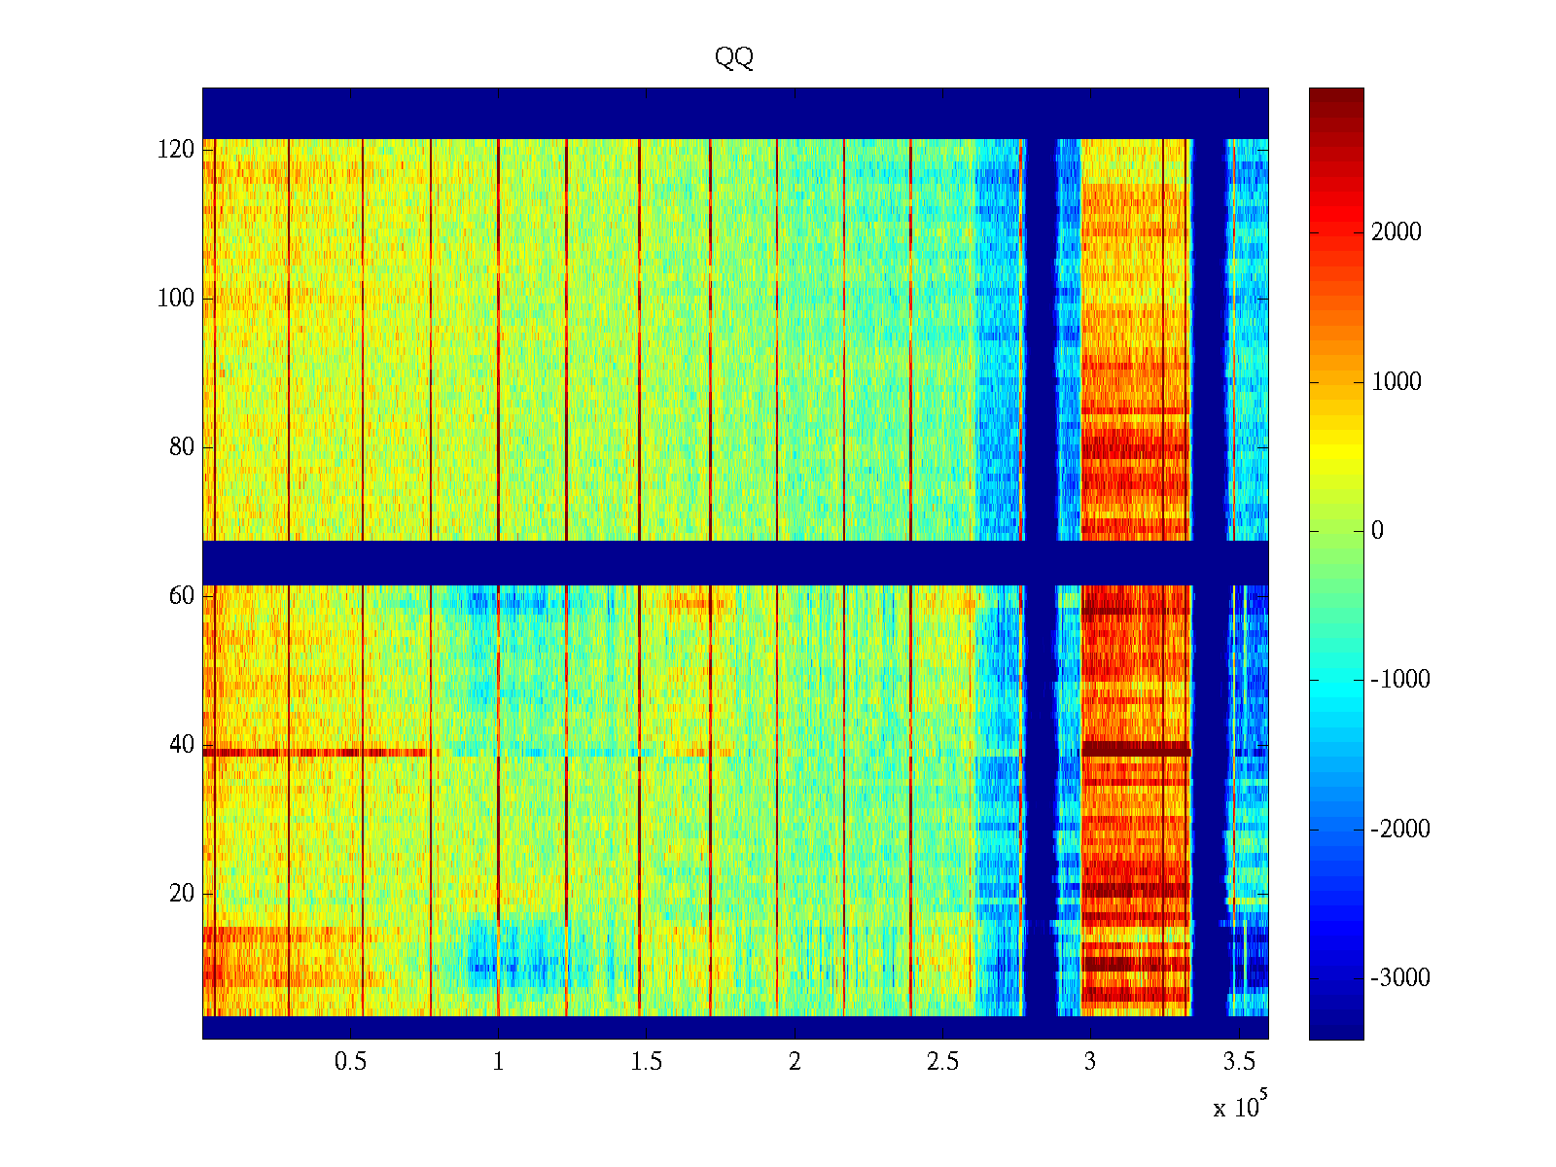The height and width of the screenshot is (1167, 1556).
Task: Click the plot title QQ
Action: click(x=734, y=58)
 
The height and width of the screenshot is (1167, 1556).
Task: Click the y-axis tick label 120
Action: click(x=176, y=150)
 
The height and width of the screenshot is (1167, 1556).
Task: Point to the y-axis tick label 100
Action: click(x=176, y=299)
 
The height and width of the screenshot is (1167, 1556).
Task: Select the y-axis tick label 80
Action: click(x=182, y=447)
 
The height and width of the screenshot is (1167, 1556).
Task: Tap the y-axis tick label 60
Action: click(x=182, y=596)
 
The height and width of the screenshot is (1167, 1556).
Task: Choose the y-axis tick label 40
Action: click(x=182, y=745)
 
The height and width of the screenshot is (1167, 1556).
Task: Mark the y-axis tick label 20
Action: click(x=182, y=894)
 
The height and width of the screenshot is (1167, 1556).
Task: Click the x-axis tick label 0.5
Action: click(x=351, y=1062)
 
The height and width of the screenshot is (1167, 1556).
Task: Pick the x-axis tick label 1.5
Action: click(x=647, y=1062)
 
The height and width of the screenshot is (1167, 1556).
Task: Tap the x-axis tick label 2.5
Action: click(x=942, y=1062)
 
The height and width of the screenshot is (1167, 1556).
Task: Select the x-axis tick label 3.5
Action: click(x=1239, y=1062)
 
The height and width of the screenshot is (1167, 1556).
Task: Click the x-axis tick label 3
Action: click(x=1090, y=1062)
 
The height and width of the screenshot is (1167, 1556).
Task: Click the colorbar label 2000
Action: click(x=1397, y=232)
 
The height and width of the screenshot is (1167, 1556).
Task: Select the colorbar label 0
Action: click(x=1377, y=531)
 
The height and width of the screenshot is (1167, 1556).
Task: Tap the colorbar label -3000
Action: click(x=1400, y=978)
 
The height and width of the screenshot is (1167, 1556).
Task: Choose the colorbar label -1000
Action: click(x=1400, y=680)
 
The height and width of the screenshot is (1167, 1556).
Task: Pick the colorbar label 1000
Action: click(x=1397, y=382)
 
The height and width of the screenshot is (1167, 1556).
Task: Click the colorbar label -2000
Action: click(x=1400, y=830)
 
